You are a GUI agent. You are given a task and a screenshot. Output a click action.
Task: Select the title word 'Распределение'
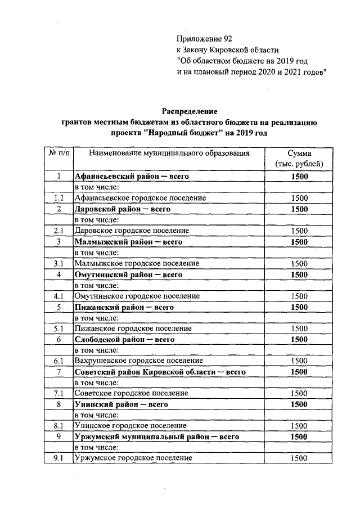(190, 112)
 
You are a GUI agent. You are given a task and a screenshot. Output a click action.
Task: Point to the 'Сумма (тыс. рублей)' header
(299, 159)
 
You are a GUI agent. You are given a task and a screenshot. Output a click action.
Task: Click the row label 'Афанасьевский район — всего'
(130, 177)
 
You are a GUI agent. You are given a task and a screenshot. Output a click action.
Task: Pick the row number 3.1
(58, 263)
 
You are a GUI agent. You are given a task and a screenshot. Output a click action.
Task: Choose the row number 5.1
(58, 328)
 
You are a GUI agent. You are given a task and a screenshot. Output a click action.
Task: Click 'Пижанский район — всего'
(124, 307)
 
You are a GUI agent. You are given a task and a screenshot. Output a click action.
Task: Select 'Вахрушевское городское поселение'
(138, 361)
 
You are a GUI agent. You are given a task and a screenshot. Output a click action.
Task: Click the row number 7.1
(58, 393)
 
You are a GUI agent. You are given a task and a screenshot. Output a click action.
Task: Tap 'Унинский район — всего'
(121, 404)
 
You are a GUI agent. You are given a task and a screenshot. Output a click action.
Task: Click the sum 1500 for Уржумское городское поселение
(299, 458)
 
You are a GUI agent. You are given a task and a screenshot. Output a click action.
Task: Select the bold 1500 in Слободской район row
(299, 340)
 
